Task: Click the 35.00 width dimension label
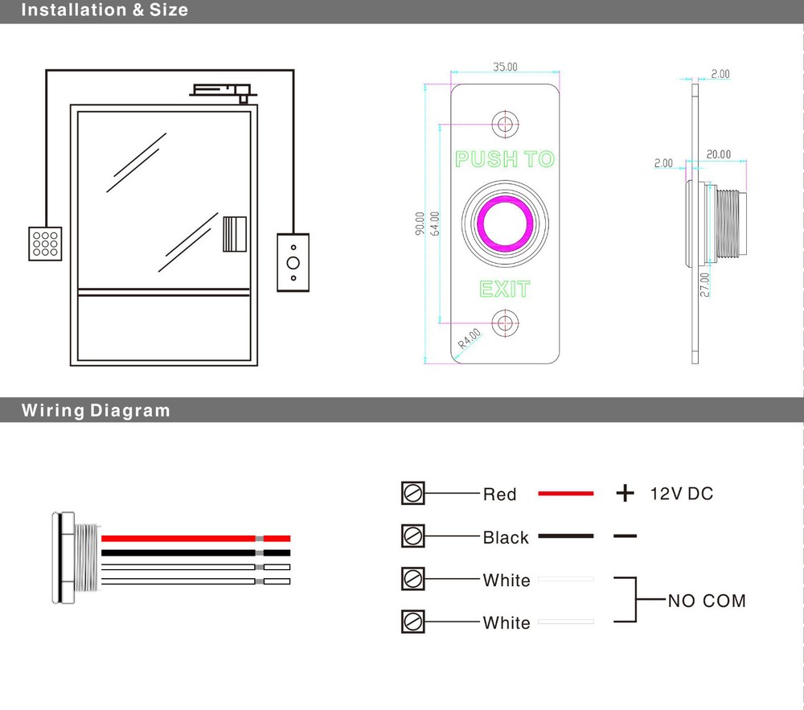(x=505, y=68)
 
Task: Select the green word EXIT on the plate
(x=505, y=289)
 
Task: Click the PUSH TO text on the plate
(x=505, y=159)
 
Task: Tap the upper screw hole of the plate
(x=505, y=123)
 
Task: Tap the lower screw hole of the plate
(x=505, y=323)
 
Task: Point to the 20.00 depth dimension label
(x=719, y=154)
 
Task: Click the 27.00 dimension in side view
(x=704, y=285)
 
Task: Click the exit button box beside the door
(x=293, y=262)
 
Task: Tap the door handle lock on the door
(x=234, y=234)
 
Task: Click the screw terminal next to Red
(x=412, y=493)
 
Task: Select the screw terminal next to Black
(x=412, y=535)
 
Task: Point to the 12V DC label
(x=681, y=493)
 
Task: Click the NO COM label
(x=706, y=601)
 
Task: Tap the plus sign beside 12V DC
(x=625, y=493)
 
